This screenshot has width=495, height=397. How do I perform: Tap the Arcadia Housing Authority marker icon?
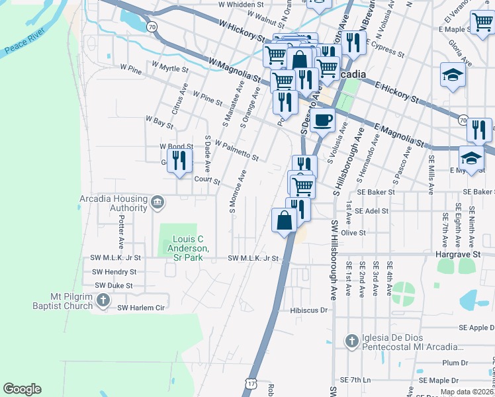point(157,202)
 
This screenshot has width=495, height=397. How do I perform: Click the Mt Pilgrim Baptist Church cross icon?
point(103,301)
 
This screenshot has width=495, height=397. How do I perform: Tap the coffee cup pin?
point(323,120)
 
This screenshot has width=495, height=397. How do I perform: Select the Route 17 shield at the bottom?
point(250,383)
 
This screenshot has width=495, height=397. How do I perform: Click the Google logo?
point(22,389)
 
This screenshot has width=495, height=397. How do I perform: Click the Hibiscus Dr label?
point(309,310)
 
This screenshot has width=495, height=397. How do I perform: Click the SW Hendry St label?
point(114,271)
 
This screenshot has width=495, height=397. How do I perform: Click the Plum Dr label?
point(455,363)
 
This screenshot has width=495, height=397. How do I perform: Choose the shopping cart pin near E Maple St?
point(482,22)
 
